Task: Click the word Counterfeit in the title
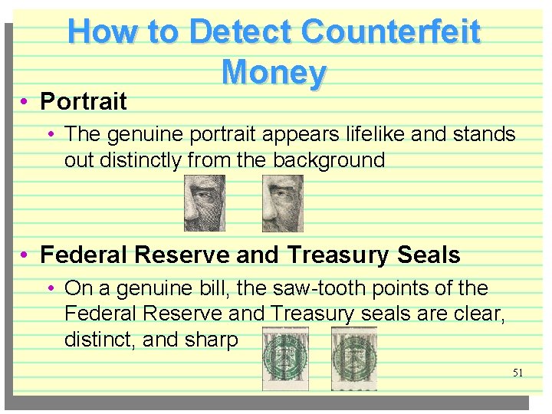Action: [x=391, y=32]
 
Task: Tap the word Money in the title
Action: [x=274, y=73]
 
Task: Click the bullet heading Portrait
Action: [x=84, y=101]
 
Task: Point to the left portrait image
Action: [x=205, y=203]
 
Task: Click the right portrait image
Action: [x=283, y=203]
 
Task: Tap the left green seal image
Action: [x=285, y=358]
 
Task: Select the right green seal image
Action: [x=353, y=358]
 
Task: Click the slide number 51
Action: [x=517, y=373]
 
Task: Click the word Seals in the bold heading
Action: [x=424, y=255]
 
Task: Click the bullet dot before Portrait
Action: [x=25, y=102]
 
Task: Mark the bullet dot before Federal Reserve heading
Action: [x=25, y=255]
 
